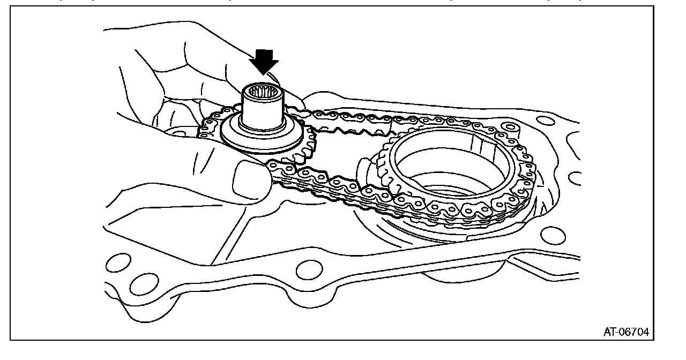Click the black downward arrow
pyautogui.click(x=264, y=61)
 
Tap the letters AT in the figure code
pyautogui.click(x=611, y=333)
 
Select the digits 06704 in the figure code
pyautogui.click(x=636, y=333)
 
